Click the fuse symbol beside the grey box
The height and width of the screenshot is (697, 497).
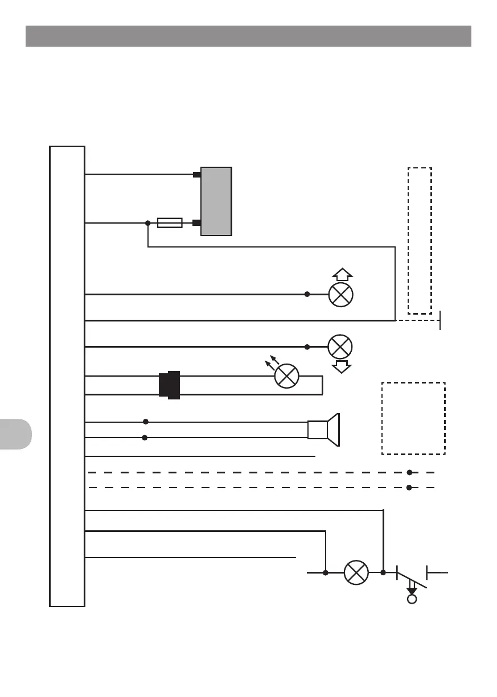pos(169,222)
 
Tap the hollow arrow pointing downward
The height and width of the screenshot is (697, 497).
pos(342,366)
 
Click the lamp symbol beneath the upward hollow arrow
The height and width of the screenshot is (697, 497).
pos(341,294)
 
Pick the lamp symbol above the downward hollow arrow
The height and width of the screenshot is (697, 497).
pos(340,347)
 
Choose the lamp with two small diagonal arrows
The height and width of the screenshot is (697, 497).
pos(287,376)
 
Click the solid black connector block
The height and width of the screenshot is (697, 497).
pos(169,385)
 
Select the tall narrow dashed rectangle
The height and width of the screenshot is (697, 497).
pos(420,240)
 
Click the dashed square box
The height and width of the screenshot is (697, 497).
pos(413,418)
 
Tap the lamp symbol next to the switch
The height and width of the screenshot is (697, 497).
pos(356,572)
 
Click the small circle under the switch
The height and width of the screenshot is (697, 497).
pos(412,599)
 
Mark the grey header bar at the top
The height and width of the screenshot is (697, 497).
pos(248,36)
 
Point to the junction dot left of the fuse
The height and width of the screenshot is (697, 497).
pos(147,222)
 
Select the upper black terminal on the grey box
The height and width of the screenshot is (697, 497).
pos(196,174)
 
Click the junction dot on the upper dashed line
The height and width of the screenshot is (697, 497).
pos(409,472)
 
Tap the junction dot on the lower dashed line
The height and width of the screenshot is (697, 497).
pos(409,488)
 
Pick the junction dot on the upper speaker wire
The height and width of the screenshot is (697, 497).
pos(146,422)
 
